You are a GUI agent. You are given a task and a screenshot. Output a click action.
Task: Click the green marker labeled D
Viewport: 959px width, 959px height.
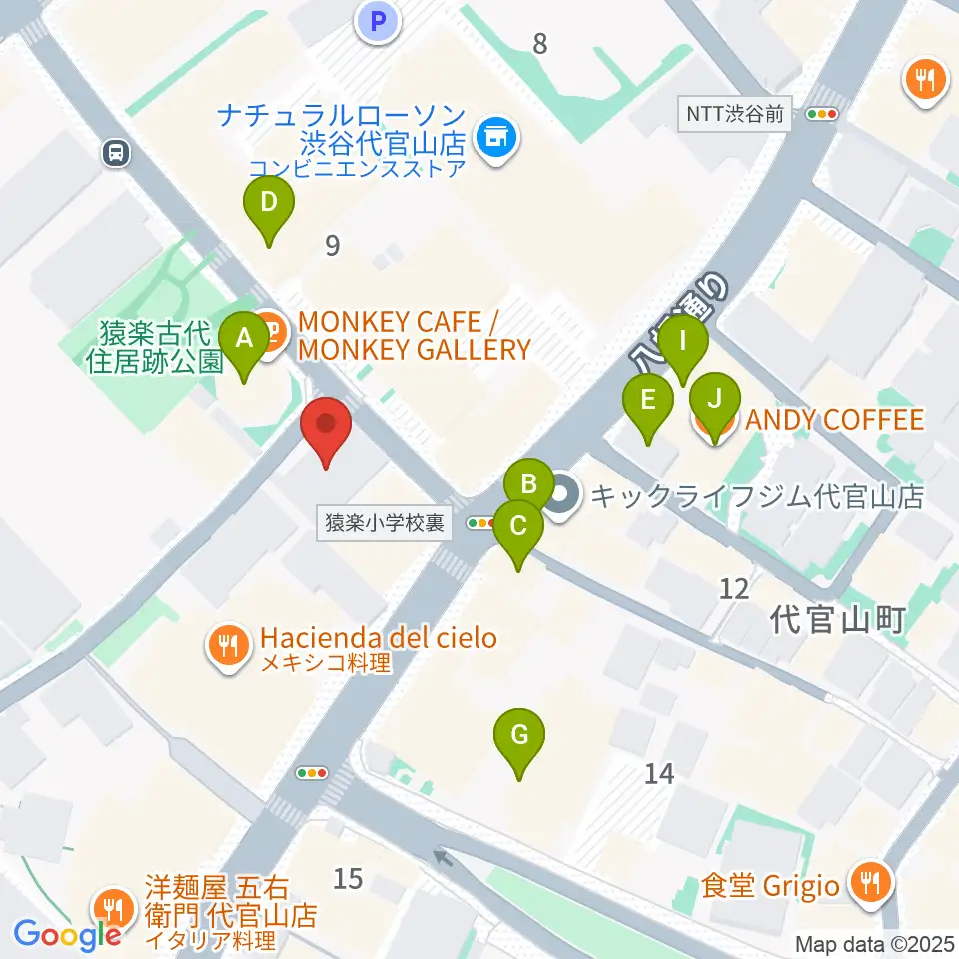269,203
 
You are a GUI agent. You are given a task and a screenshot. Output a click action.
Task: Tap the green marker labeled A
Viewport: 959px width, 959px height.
243,339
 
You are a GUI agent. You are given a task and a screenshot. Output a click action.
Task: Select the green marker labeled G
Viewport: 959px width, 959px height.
519,736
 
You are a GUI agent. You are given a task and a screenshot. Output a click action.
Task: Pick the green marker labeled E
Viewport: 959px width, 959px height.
647,401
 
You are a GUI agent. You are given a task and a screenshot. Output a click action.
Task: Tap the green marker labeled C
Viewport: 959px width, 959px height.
517,526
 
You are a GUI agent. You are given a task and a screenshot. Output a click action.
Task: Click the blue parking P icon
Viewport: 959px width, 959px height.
378,20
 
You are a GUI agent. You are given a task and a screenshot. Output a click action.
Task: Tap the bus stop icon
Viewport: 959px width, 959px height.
116,153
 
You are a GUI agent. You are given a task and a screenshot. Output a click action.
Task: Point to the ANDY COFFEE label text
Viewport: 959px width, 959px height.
834,419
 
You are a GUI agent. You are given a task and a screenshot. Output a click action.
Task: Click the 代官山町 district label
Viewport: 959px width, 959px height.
837,620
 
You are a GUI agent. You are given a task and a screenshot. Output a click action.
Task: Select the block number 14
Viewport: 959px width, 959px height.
659,772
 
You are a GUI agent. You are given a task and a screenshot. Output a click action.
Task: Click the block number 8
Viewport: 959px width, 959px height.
540,43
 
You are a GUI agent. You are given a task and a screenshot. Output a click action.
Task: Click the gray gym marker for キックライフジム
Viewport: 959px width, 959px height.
562,496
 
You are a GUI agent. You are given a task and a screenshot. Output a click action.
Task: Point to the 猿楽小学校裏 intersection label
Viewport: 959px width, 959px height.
384,522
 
